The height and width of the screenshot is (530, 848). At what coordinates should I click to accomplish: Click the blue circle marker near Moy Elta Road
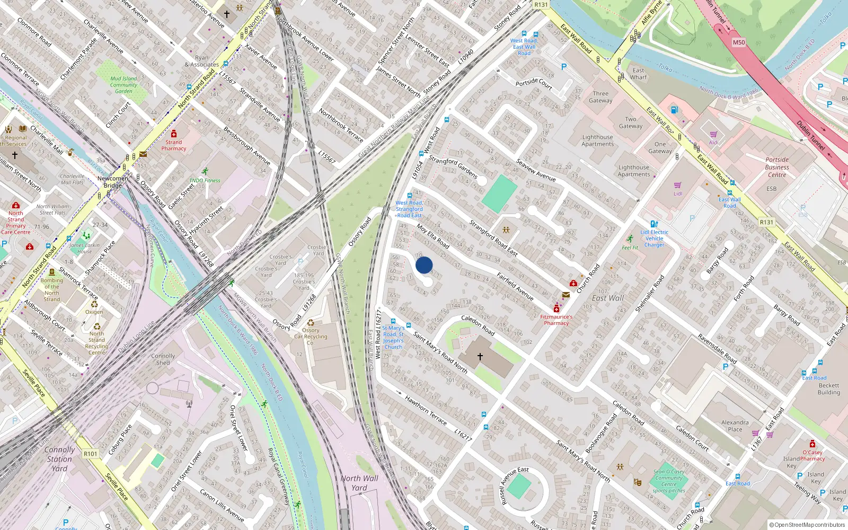424,265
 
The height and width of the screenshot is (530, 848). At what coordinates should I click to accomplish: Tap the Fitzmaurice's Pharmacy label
556,320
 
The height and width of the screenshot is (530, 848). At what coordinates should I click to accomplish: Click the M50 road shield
739,42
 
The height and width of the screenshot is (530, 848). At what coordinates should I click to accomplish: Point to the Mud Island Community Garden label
123,85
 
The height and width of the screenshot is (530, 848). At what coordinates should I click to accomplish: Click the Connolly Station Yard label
59,459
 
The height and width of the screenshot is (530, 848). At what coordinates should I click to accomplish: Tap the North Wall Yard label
359,483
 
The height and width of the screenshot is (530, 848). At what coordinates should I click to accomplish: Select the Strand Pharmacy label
173,145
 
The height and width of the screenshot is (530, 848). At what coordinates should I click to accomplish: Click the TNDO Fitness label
205,180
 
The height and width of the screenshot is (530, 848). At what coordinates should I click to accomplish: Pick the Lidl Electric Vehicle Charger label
654,238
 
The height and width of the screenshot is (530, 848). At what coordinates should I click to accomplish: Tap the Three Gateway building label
600,97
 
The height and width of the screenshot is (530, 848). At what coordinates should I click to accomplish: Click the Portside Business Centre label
777,167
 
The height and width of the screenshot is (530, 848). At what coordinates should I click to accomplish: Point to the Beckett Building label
828,389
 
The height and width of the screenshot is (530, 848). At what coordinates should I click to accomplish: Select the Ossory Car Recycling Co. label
311,337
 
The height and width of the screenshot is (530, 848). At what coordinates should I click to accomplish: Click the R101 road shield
91,454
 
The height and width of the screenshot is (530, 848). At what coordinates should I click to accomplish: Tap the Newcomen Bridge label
112,182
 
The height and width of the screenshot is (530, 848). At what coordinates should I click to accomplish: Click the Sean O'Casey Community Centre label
669,478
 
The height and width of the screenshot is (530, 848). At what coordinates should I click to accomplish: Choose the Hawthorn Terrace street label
426,410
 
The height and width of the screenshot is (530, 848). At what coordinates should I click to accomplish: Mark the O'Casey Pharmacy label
812,455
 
